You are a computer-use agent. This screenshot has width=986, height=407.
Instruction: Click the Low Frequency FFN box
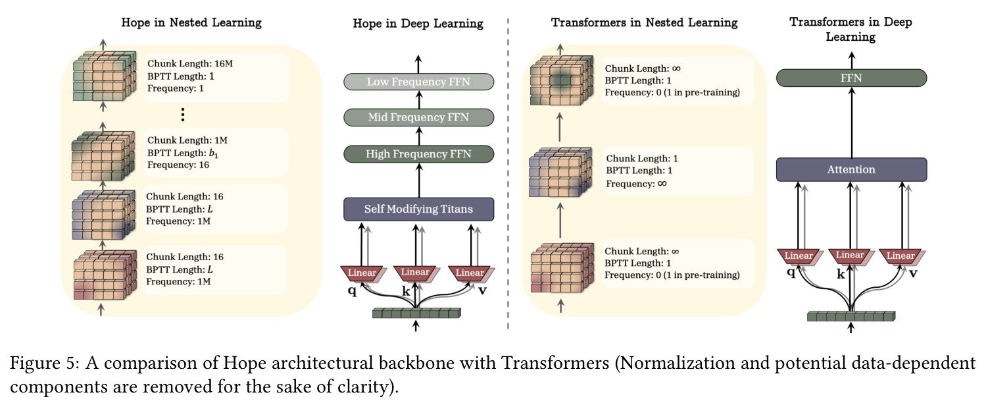click(418, 82)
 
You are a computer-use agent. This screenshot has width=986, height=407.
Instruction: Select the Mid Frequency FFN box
click(418, 117)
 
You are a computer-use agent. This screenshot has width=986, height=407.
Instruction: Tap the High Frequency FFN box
click(418, 154)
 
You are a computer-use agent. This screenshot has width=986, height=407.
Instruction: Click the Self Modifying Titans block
click(418, 209)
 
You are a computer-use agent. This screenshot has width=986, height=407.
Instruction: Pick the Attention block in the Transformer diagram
click(851, 169)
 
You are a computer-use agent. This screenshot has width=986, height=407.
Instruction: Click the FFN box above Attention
click(851, 78)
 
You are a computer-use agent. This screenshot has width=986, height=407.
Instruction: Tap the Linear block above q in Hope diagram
click(362, 273)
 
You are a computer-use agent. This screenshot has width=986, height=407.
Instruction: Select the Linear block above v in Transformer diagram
click(900, 256)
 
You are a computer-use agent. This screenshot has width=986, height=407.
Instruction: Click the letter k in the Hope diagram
click(406, 291)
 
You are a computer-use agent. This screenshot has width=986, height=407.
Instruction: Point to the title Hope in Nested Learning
click(191, 22)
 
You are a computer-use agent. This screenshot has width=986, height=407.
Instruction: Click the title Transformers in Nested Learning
click(645, 22)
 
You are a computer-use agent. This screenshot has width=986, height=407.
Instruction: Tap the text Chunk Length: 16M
click(190, 63)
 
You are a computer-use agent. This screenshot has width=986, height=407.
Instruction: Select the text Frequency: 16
click(178, 165)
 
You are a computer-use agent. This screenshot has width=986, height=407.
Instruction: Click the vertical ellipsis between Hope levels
click(183, 115)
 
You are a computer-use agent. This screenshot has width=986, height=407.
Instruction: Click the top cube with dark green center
click(562, 80)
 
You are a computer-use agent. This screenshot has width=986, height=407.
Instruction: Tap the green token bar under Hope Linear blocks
click(416, 313)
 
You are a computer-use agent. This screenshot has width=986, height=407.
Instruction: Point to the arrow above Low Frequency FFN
click(418, 65)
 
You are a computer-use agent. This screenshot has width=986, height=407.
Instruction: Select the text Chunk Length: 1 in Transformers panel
click(642, 158)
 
